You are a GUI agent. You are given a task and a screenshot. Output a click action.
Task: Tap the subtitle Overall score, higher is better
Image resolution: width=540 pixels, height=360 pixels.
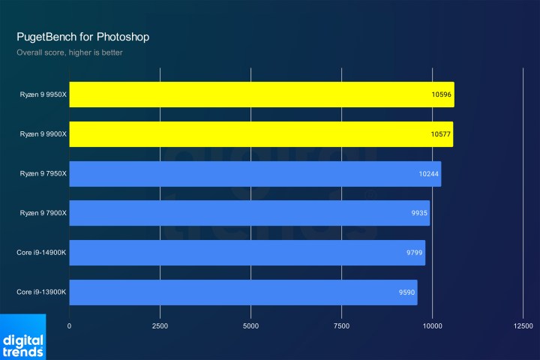[70, 52]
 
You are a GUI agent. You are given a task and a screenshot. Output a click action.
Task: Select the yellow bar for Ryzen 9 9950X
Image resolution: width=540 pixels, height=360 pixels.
[261, 94]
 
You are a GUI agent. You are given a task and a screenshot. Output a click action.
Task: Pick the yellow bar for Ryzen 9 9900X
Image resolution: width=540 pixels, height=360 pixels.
[261, 134]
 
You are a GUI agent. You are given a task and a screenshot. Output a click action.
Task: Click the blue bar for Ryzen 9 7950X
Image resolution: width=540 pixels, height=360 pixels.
[255, 174]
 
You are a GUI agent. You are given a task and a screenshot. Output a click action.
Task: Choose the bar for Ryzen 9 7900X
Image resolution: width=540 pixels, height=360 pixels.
[249, 213]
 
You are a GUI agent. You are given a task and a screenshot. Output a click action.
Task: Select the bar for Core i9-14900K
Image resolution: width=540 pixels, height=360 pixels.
[247, 253]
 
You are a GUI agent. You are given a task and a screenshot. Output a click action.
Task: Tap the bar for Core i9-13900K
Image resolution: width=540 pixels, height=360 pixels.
[243, 292]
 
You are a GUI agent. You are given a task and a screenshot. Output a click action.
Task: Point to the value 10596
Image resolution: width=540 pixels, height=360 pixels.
[441, 94]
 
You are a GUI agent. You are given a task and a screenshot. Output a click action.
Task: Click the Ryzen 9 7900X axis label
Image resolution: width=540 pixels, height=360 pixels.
[43, 213]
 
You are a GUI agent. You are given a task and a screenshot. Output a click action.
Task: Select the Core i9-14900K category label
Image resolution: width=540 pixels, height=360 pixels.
[41, 253]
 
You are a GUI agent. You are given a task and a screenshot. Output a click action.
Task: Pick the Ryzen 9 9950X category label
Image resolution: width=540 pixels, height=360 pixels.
[43, 94]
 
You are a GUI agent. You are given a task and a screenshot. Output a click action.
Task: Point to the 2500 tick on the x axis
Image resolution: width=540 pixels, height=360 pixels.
[160, 325]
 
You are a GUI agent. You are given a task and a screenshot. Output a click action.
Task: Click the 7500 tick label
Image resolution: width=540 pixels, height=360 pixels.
[341, 325]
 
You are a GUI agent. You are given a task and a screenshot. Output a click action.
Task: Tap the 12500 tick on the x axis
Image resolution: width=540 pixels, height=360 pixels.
[523, 325]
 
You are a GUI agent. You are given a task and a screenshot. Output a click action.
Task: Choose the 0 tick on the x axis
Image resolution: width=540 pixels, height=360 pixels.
[69, 325]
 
